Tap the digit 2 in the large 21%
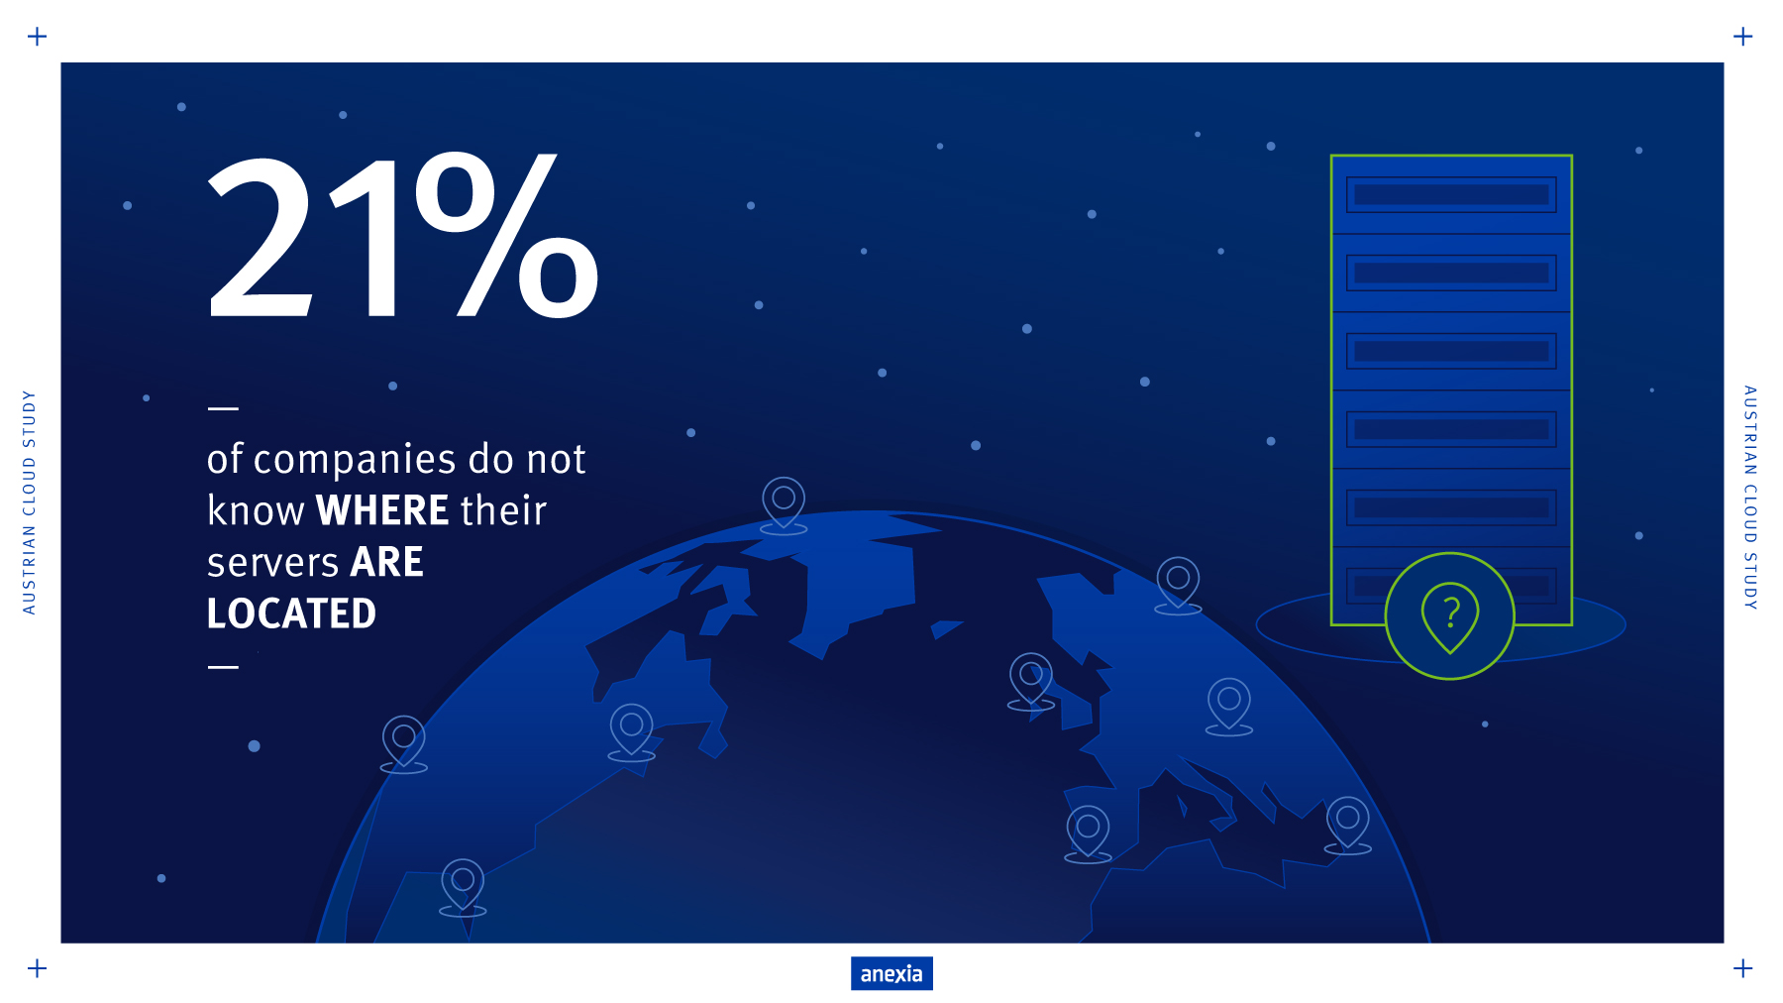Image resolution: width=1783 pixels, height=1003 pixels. (x=260, y=237)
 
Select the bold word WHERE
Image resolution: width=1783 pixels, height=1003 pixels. (x=382, y=510)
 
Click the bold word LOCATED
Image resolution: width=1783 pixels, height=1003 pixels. (x=291, y=613)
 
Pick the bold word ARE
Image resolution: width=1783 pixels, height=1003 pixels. (x=386, y=562)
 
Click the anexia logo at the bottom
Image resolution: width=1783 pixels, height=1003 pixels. (x=891, y=973)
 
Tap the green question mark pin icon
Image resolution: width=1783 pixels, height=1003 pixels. (x=1450, y=615)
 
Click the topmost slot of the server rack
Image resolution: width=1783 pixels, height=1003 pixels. (x=1451, y=194)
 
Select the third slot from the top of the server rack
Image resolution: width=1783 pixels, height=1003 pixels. (x=1451, y=351)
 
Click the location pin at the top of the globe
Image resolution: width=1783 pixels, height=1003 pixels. (x=784, y=504)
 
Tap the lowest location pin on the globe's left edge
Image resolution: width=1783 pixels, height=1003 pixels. (x=463, y=886)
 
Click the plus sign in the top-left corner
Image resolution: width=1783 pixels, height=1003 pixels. (x=37, y=37)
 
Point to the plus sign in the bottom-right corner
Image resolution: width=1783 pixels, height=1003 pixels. (x=1743, y=968)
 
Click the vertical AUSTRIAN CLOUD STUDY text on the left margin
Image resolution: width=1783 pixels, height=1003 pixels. (x=29, y=501)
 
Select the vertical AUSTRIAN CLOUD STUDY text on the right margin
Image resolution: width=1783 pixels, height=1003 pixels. (x=1750, y=498)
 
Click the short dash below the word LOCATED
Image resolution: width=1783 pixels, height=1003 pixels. (x=223, y=667)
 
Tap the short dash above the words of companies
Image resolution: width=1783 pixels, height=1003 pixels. (x=223, y=407)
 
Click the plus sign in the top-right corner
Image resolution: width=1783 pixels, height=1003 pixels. (x=1743, y=37)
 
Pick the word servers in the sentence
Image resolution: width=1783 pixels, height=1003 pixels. (x=273, y=564)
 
